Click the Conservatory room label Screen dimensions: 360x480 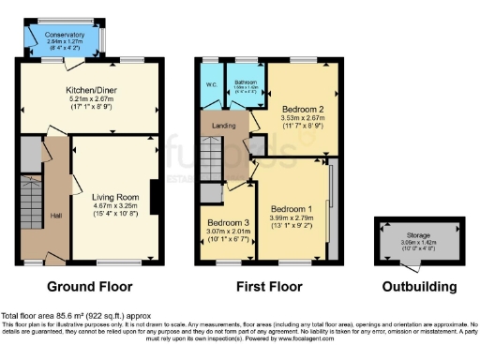coord(64,35)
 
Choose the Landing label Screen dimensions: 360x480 coord(222,126)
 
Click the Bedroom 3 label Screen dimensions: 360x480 coord(225,222)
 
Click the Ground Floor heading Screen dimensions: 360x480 coord(90,286)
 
